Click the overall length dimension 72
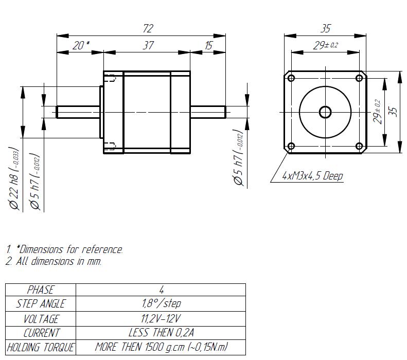click(148, 28)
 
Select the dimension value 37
click(148, 45)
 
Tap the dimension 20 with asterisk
click(81, 45)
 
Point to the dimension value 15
click(208, 45)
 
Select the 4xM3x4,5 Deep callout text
click(312, 176)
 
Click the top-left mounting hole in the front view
click(291, 78)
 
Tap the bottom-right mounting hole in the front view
click(360, 147)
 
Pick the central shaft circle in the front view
click(325, 112)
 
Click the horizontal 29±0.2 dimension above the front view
click(325, 45)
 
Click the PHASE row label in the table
click(40, 290)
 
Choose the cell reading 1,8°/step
click(161, 303)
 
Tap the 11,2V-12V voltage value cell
click(161, 319)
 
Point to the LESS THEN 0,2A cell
click(161, 333)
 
